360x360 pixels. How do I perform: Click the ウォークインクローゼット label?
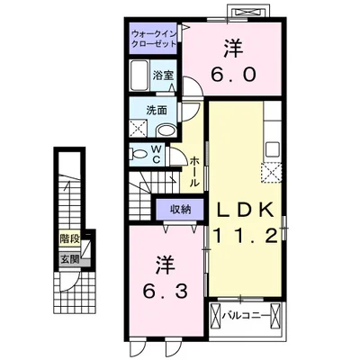point(155,38)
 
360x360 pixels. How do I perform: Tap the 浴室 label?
point(163,75)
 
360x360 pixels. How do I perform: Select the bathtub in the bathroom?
point(139,75)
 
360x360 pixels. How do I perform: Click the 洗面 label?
point(157,111)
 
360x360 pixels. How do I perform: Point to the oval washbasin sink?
point(166,130)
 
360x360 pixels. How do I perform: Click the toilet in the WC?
point(138,154)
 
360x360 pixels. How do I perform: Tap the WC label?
point(157,154)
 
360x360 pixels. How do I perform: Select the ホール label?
point(194,172)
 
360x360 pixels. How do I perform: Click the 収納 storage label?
point(181,210)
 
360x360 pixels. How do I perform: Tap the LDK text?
point(245,210)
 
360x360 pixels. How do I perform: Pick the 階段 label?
point(69,239)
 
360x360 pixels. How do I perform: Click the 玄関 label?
point(69,259)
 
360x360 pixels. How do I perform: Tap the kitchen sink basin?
point(272,149)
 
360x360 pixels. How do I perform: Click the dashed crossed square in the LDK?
point(272,173)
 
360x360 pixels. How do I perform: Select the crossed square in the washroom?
point(138,128)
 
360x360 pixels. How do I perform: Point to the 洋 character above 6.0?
point(233,49)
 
